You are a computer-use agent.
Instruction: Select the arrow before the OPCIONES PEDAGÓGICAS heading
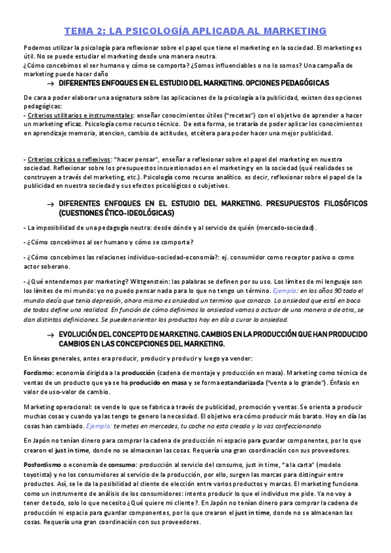click(50, 84)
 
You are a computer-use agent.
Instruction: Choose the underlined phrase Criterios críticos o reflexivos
click(57, 159)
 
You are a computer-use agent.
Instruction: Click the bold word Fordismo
click(39, 370)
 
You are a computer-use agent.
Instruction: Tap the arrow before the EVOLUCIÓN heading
click(50, 335)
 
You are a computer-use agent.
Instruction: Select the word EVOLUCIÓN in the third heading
click(82, 334)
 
